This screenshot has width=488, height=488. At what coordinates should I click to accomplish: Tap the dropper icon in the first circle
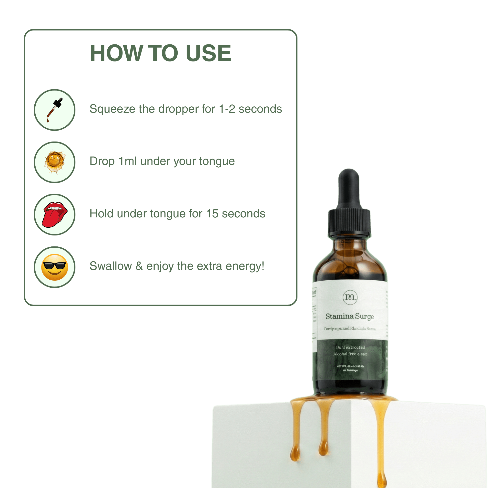(55, 110)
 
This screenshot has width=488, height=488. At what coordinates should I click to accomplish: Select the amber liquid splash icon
(55, 162)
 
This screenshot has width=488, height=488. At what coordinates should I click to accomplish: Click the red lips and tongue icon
(55, 214)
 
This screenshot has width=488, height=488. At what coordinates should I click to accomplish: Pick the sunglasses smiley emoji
(55, 267)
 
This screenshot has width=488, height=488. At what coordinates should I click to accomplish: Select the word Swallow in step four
(111, 266)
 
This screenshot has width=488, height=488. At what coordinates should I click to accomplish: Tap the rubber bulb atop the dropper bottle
(349, 187)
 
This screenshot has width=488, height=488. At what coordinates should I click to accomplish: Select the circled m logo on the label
(350, 297)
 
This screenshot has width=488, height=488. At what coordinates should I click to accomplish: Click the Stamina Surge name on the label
(350, 316)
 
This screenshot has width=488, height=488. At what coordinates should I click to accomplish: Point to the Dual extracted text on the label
(350, 347)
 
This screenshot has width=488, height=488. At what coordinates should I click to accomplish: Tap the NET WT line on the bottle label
(350, 366)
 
